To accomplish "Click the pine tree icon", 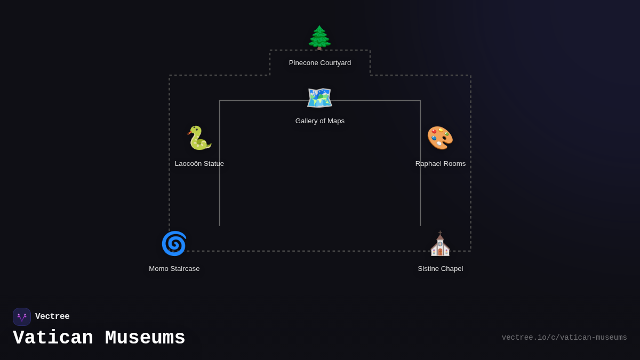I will tap(319, 37).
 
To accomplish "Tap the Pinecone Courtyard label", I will tap(320, 63).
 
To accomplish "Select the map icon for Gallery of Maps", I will tap(319, 98).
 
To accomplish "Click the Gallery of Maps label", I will tap(320, 121).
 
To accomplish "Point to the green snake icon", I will tap(199, 138).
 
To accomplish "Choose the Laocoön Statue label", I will tap(199, 164).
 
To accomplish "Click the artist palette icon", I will tap(440, 138).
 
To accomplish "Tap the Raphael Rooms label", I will tap(441, 164).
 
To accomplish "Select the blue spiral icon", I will tap(174, 244).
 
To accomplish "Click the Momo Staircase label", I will tap(174, 269).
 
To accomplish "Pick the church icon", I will tap(440, 244).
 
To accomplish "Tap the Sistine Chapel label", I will tap(441, 269).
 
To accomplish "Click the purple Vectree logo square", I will tap(22, 317).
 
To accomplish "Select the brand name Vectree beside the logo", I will tap(52, 317).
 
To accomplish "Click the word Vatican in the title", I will tap(53, 338).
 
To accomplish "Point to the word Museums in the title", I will tap(145, 338).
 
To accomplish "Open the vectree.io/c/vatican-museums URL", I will tap(564, 338).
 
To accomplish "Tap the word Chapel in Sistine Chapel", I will tap(452, 269).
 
